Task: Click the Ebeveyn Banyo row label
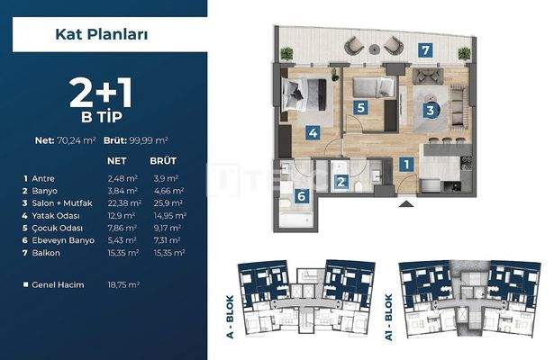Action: point(59,242)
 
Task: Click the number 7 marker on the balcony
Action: point(423,49)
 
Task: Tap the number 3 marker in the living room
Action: point(431,111)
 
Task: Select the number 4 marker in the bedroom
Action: point(313,133)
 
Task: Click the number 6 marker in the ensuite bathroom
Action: point(303,196)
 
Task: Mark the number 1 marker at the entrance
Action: point(406,165)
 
